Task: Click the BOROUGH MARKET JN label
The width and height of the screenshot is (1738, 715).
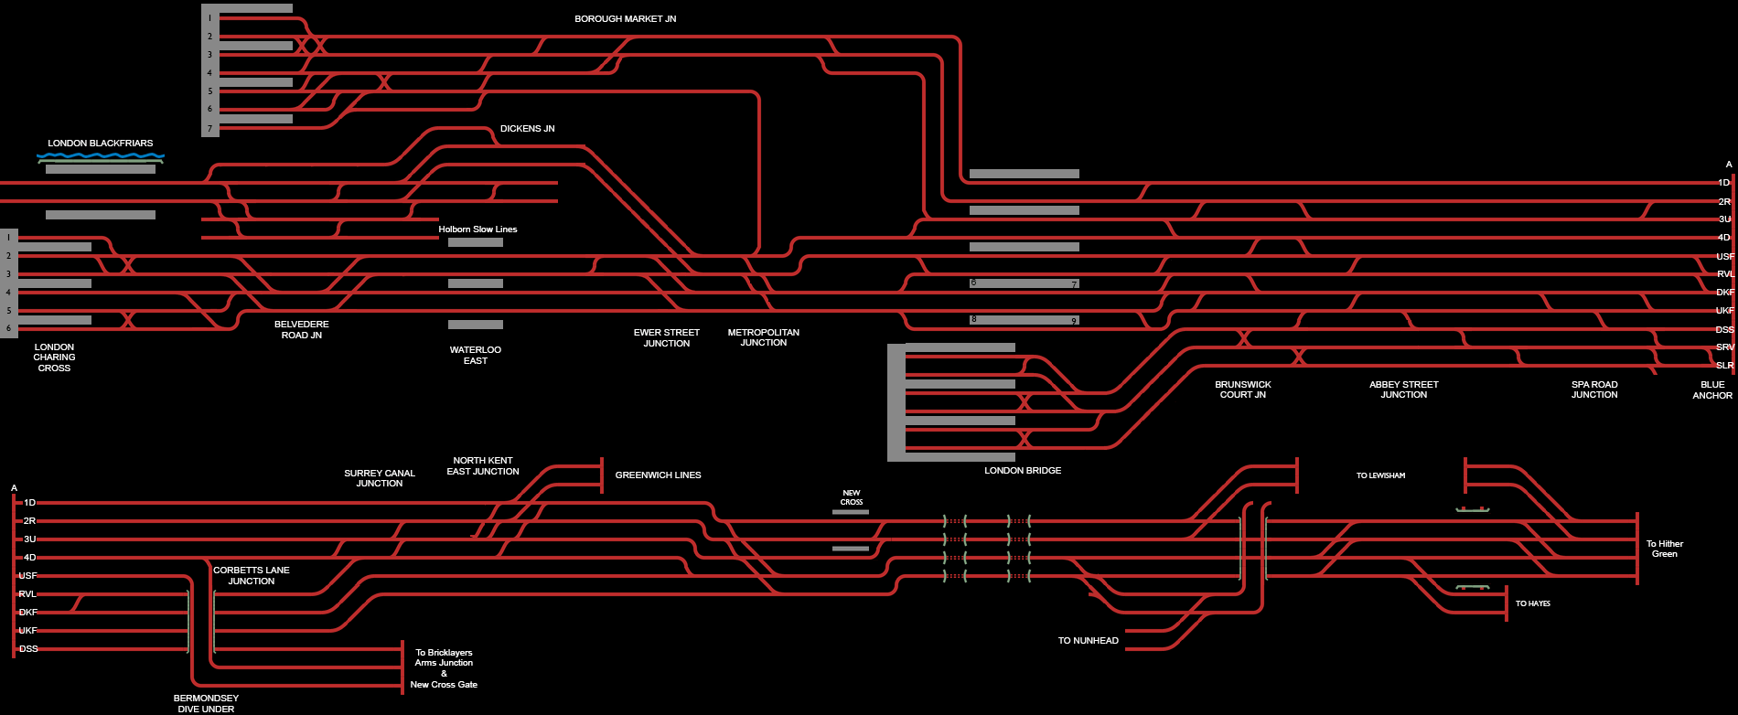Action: pyautogui.click(x=625, y=19)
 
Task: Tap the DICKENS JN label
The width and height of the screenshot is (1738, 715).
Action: pyautogui.click(x=527, y=129)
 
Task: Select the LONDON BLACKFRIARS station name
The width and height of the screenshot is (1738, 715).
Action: pyautogui.click(x=101, y=144)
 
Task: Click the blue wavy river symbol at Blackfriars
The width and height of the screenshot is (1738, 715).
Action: pyautogui.click(x=101, y=156)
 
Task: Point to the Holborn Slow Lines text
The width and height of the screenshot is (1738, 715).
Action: pyautogui.click(x=477, y=229)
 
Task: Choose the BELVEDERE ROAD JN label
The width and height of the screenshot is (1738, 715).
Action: pyautogui.click(x=302, y=330)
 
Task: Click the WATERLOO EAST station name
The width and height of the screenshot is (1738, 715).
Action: pyautogui.click(x=476, y=356)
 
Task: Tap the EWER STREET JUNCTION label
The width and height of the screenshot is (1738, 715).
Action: pyautogui.click(x=667, y=338)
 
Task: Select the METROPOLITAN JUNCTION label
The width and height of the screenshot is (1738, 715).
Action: pyautogui.click(x=764, y=337)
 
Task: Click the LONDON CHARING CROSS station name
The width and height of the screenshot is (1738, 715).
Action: pyautogui.click(x=54, y=357)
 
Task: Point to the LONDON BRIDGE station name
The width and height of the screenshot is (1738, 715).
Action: pyautogui.click(x=1023, y=471)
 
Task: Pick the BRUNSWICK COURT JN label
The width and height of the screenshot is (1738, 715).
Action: pyautogui.click(x=1243, y=390)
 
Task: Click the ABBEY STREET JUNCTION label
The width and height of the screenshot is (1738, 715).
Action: pyautogui.click(x=1404, y=390)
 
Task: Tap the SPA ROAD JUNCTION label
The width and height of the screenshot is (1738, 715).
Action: pyautogui.click(x=1594, y=390)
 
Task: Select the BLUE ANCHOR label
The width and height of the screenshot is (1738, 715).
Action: pyautogui.click(x=1712, y=390)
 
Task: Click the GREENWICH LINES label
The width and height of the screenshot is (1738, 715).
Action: pyautogui.click(x=659, y=475)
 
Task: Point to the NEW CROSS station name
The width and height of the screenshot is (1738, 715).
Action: pyautogui.click(x=852, y=497)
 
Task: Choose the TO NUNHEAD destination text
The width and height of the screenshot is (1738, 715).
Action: pyautogui.click(x=1089, y=641)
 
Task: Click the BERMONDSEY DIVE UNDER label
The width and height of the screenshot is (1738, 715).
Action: pyautogui.click(x=206, y=704)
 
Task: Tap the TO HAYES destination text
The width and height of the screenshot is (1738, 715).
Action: pyautogui.click(x=1533, y=603)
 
